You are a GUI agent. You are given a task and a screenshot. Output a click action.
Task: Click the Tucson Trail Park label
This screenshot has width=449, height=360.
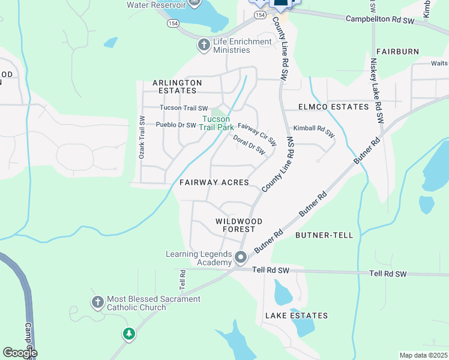[217, 123]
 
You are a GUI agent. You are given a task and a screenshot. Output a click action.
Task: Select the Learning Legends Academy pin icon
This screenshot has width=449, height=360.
[241, 258]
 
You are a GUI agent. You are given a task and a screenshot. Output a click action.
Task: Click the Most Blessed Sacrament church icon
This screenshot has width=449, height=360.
[98, 302]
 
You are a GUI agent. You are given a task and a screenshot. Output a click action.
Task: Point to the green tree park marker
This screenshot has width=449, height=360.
[128, 334]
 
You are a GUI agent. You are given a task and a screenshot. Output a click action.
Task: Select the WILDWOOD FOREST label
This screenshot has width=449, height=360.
[239, 226]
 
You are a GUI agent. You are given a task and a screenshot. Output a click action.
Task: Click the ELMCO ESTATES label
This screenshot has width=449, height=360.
[334, 107]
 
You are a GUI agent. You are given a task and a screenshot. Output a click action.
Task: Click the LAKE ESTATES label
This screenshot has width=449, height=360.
[297, 316]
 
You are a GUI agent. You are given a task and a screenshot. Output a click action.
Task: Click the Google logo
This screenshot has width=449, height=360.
[20, 353]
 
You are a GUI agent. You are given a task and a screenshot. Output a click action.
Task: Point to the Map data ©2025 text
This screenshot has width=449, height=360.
[423, 355]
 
